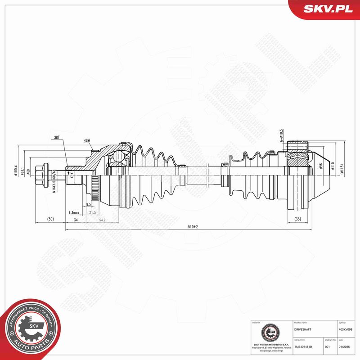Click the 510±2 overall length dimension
coord(192,226)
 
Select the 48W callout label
coord(86,140)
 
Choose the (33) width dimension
coord(297,219)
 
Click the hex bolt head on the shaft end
coord(41,174)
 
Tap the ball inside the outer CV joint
coord(118,156)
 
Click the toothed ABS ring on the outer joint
coord(94,186)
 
